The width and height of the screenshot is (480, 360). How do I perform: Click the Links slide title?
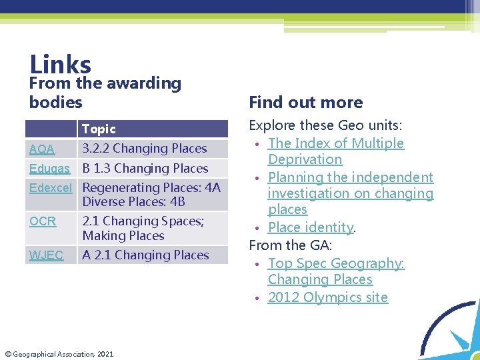click(60, 65)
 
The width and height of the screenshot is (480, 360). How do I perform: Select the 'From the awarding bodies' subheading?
click(105, 93)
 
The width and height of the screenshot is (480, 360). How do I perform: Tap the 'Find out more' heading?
click(305, 102)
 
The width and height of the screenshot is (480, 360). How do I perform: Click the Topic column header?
click(99, 129)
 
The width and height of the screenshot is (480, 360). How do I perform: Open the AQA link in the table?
click(42, 149)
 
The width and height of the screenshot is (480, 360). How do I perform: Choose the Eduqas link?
click(50, 169)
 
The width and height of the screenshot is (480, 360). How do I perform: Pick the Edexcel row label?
click(51, 188)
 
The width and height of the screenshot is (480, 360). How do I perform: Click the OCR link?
click(43, 221)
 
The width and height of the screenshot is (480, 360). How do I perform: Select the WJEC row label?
click(46, 255)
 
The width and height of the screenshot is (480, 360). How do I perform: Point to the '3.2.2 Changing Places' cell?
click(145, 149)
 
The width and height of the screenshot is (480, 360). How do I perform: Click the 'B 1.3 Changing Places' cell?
click(145, 169)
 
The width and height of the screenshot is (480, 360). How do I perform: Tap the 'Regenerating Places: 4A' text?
click(151, 188)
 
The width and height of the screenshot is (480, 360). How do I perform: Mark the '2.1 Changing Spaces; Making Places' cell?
click(143, 228)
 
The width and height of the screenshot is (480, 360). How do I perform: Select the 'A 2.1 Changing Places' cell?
click(145, 255)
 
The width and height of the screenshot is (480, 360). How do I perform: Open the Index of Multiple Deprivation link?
click(335, 151)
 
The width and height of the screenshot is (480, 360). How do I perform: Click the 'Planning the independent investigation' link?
click(350, 193)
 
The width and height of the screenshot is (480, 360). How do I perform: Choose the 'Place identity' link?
click(310, 228)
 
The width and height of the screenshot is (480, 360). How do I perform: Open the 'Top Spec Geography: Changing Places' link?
click(335, 271)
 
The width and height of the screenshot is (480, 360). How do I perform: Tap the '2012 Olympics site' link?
click(327, 297)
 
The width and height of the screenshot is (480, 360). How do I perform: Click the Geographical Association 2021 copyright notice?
click(59, 353)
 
